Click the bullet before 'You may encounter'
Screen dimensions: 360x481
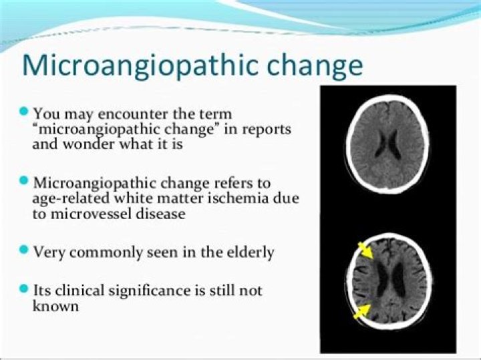tap(25, 110)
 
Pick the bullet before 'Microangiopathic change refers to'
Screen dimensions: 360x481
tap(25, 180)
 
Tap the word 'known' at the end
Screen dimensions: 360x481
tap(56, 307)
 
